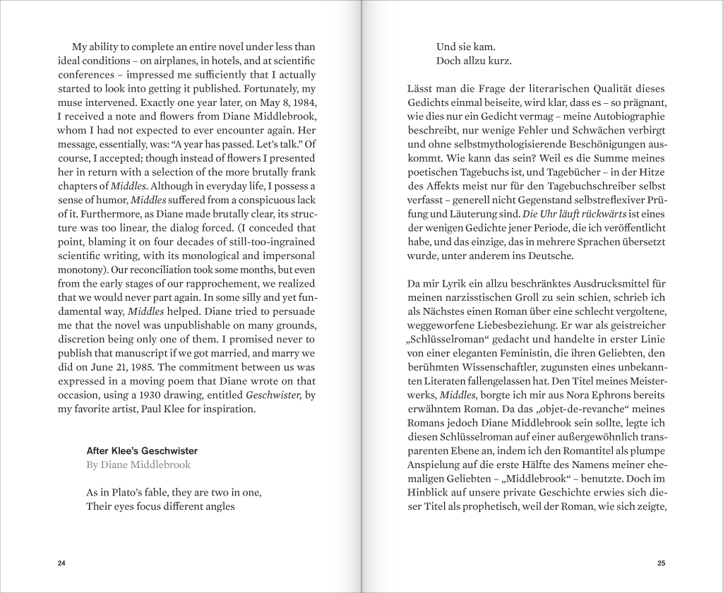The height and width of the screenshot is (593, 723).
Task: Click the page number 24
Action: pos(61,563)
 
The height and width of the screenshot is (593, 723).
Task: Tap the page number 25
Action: pos(661,563)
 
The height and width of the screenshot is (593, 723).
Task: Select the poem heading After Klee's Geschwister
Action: pos(142,450)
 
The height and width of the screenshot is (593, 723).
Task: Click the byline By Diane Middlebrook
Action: pos(138,465)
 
